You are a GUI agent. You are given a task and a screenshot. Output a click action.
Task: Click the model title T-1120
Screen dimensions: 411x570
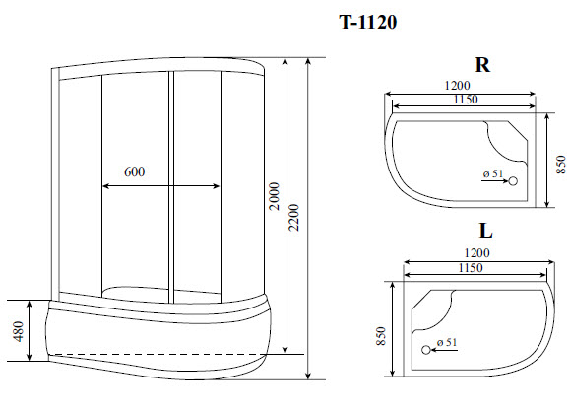click(x=369, y=22)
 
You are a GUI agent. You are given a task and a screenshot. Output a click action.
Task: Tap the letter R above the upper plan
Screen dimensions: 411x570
click(x=482, y=66)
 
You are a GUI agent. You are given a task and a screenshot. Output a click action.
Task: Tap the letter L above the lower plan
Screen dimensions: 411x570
click(x=485, y=233)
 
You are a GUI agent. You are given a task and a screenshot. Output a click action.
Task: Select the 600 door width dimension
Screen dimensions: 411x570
click(x=135, y=171)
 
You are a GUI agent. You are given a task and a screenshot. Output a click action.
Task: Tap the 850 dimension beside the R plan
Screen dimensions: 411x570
click(x=560, y=162)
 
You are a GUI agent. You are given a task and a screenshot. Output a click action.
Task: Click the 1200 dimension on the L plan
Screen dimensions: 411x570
click(x=475, y=253)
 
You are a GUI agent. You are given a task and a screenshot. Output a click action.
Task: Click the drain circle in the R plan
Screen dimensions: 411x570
click(x=514, y=182)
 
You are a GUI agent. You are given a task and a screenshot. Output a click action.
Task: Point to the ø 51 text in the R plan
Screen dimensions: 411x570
click(x=493, y=174)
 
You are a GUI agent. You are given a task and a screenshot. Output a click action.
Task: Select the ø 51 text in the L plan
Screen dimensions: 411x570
click(x=446, y=342)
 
